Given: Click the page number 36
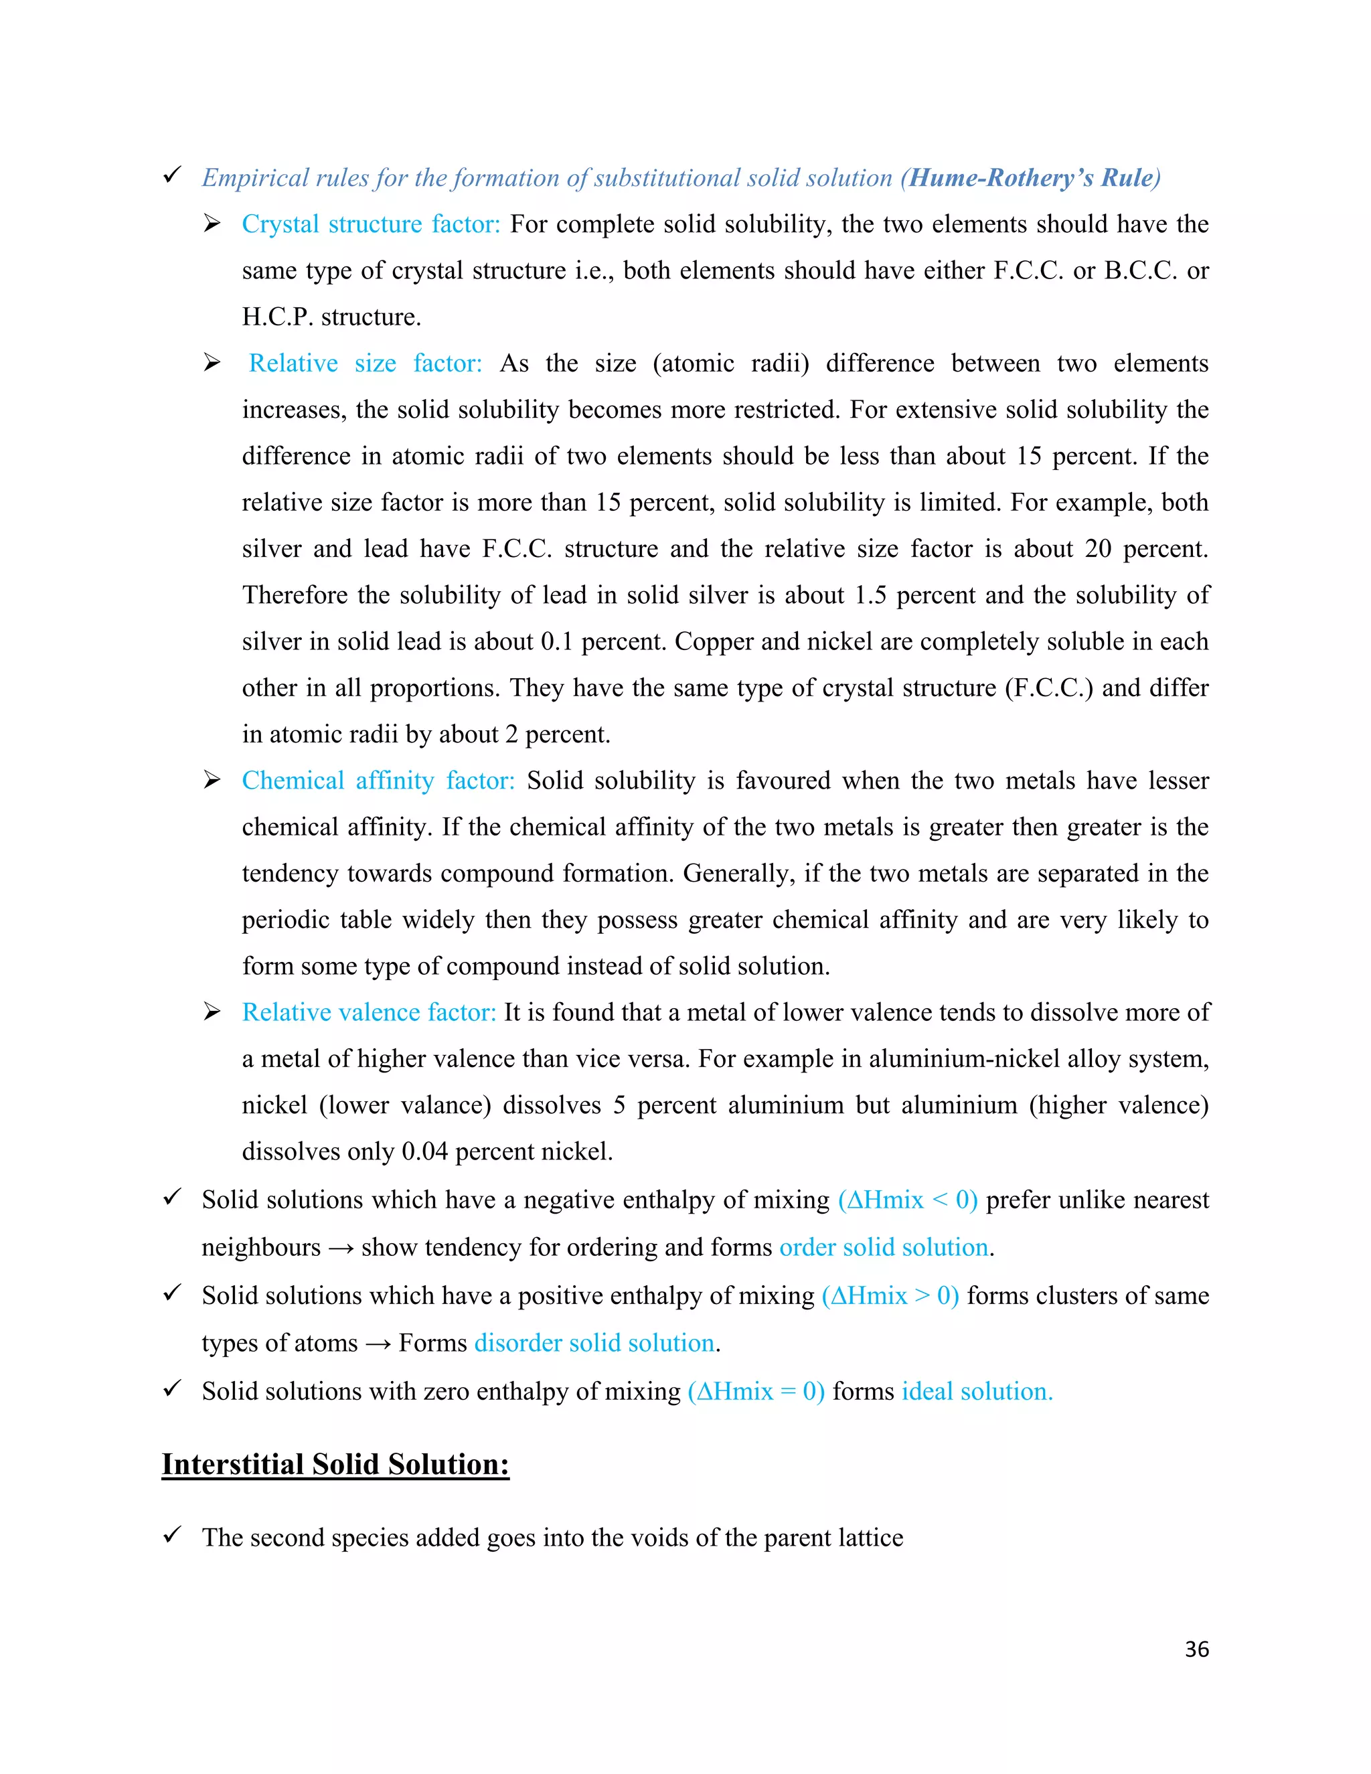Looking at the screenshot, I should click(x=1196, y=1649).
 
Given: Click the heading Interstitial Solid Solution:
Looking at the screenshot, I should click(x=335, y=1465).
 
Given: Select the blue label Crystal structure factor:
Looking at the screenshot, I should click(x=371, y=224).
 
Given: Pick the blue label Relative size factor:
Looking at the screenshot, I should click(x=366, y=363).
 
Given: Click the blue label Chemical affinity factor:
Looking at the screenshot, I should click(x=378, y=781).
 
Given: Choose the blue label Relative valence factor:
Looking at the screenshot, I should click(x=369, y=1013).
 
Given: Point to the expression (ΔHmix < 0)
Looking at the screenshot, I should click(x=907, y=1200).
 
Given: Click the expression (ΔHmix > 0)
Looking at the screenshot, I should click(x=890, y=1295).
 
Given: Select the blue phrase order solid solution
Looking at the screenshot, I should click(x=884, y=1248).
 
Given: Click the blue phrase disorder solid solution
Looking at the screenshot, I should click(x=594, y=1344).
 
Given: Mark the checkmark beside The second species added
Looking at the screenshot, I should click(x=171, y=1535).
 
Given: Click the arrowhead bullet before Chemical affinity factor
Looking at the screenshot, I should click(x=212, y=781).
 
